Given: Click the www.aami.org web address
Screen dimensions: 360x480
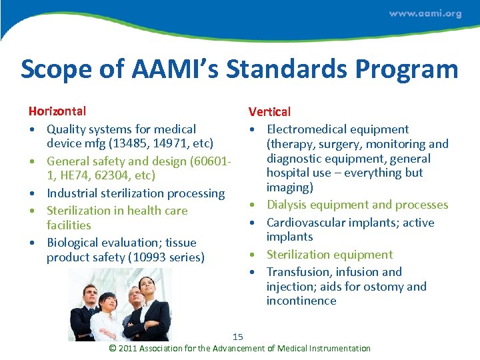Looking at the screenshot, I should point(425,13).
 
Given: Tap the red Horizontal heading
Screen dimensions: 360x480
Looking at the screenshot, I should point(57,111).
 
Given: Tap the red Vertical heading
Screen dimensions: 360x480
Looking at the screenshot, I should point(269,112).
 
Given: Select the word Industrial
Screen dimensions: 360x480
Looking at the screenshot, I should point(74,193).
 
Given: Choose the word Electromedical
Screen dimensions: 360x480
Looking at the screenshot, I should point(304,129).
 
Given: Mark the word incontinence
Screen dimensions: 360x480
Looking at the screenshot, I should point(301,301).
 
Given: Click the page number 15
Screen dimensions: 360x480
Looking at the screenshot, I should point(238,337).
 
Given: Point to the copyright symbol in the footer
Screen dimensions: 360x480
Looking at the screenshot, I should point(113,348).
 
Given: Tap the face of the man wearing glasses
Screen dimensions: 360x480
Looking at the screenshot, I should point(135,296).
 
